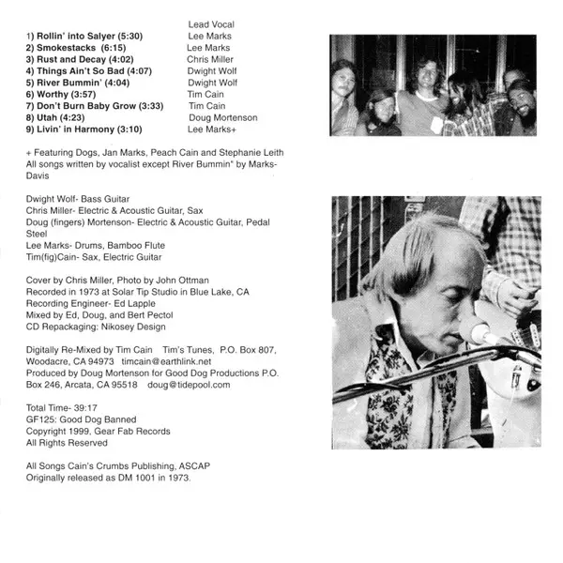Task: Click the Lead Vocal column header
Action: pyautogui.click(x=211, y=23)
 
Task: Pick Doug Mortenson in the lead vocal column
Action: pyautogui.click(x=222, y=118)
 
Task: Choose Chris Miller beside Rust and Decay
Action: pyautogui.click(x=210, y=58)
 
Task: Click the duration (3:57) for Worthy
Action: pyautogui.click(x=84, y=94)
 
